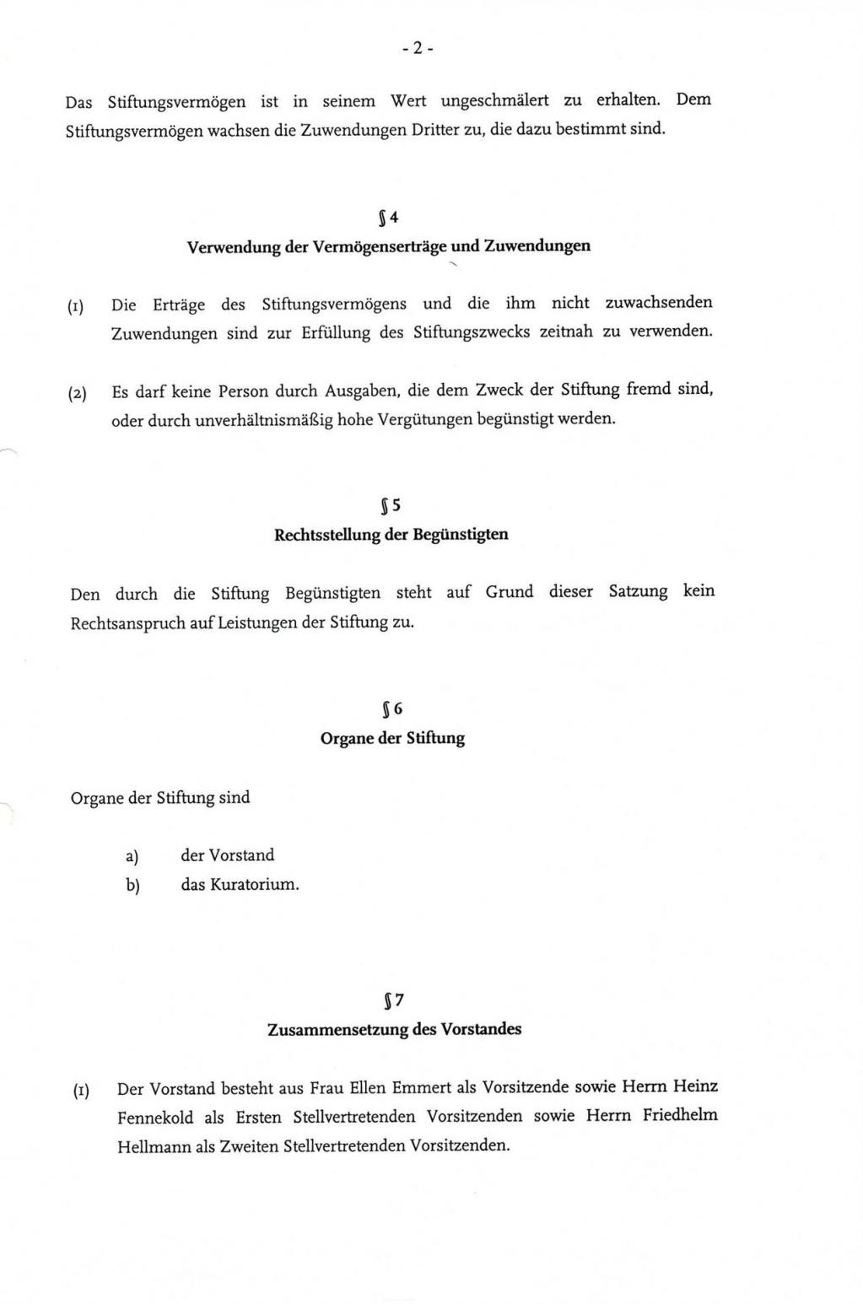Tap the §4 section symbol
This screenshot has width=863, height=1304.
tap(388, 217)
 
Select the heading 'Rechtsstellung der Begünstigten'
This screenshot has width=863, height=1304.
tap(391, 535)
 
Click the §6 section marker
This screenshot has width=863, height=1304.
tap(392, 709)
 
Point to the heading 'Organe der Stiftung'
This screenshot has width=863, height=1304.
tap(392, 739)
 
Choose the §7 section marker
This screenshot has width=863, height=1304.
tap(393, 1000)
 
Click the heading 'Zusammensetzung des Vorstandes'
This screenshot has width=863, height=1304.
tap(394, 1030)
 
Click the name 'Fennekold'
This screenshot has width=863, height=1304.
tap(155, 1118)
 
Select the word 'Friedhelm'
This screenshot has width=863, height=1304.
tap(680, 1115)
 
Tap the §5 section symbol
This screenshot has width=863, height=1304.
tap(391, 506)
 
